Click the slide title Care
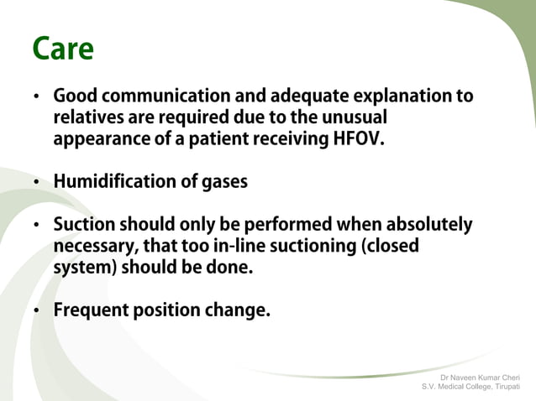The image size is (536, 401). [x=62, y=49]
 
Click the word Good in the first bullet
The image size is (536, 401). [x=73, y=97]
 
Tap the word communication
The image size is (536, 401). [x=155, y=97]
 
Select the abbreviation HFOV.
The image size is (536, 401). [x=359, y=139]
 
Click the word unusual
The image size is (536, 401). [x=356, y=118]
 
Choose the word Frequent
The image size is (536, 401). [x=88, y=310]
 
